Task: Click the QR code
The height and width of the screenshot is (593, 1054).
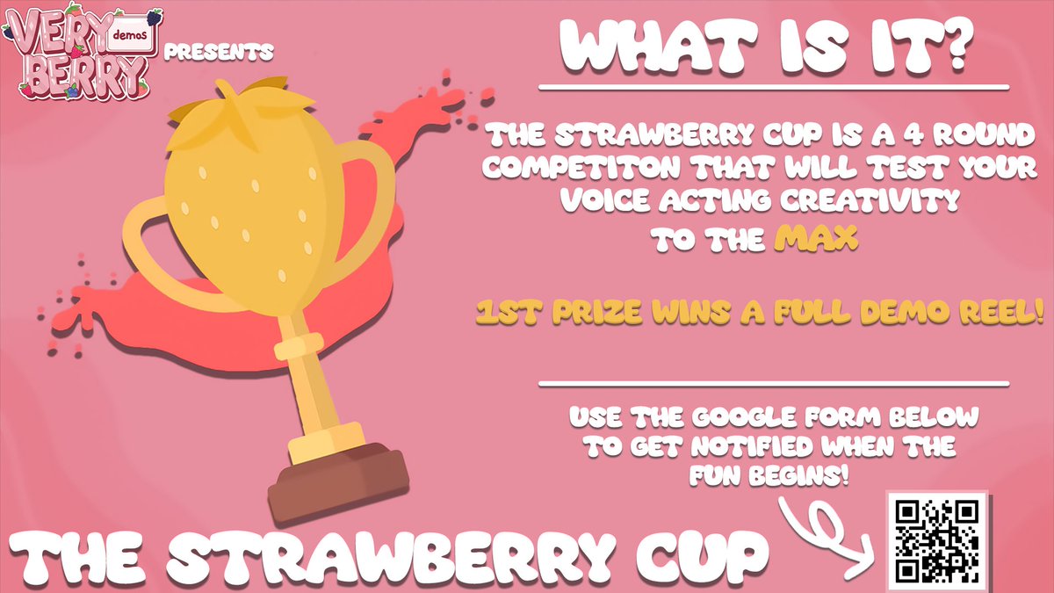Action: point(937,540)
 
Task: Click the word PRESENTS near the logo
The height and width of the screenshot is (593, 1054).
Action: point(218,52)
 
